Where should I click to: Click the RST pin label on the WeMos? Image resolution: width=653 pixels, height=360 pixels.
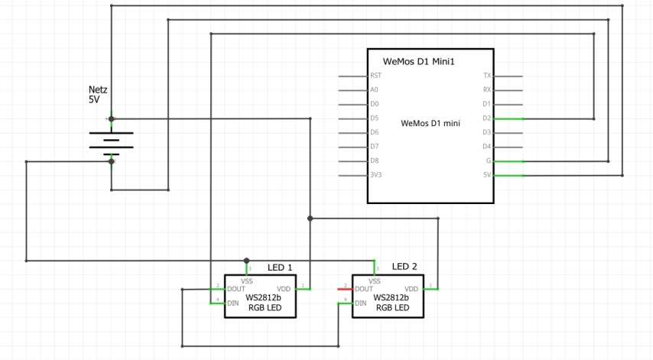coord(375,76)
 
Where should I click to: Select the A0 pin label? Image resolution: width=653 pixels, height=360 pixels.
coord(374,89)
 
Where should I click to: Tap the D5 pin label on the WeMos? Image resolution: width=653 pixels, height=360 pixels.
coord(375,118)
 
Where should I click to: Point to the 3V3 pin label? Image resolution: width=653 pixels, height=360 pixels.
coord(375,175)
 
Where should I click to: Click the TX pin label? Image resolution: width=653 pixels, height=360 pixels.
coord(487,76)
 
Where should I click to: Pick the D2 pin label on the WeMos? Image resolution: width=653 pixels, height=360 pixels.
coord(487,118)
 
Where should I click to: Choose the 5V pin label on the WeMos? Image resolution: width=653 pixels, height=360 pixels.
coord(487,175)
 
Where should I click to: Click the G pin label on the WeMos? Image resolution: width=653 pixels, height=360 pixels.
coord(489,161)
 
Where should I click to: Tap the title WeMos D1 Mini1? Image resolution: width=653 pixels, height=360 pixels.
coord(418,62)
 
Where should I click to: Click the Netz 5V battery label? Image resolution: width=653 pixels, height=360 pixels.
coord(98,95)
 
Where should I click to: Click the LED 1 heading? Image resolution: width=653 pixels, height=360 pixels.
coord(280,268)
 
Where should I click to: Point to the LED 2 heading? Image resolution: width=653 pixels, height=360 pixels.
coord(404,266)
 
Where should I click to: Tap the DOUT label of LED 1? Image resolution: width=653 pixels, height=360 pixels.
coord(236,289)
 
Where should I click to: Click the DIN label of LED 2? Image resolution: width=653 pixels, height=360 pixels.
coord(361,303)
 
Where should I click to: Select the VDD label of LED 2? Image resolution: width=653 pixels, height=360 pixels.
coord(411,289)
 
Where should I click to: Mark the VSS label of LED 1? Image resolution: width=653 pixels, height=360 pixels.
coord(246,281)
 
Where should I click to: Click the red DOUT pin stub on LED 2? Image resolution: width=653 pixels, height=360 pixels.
coord(346,289)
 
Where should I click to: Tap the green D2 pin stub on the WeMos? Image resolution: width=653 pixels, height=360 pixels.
coord(508,119)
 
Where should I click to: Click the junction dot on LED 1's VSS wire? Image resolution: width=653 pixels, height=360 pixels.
coord(246,261)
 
